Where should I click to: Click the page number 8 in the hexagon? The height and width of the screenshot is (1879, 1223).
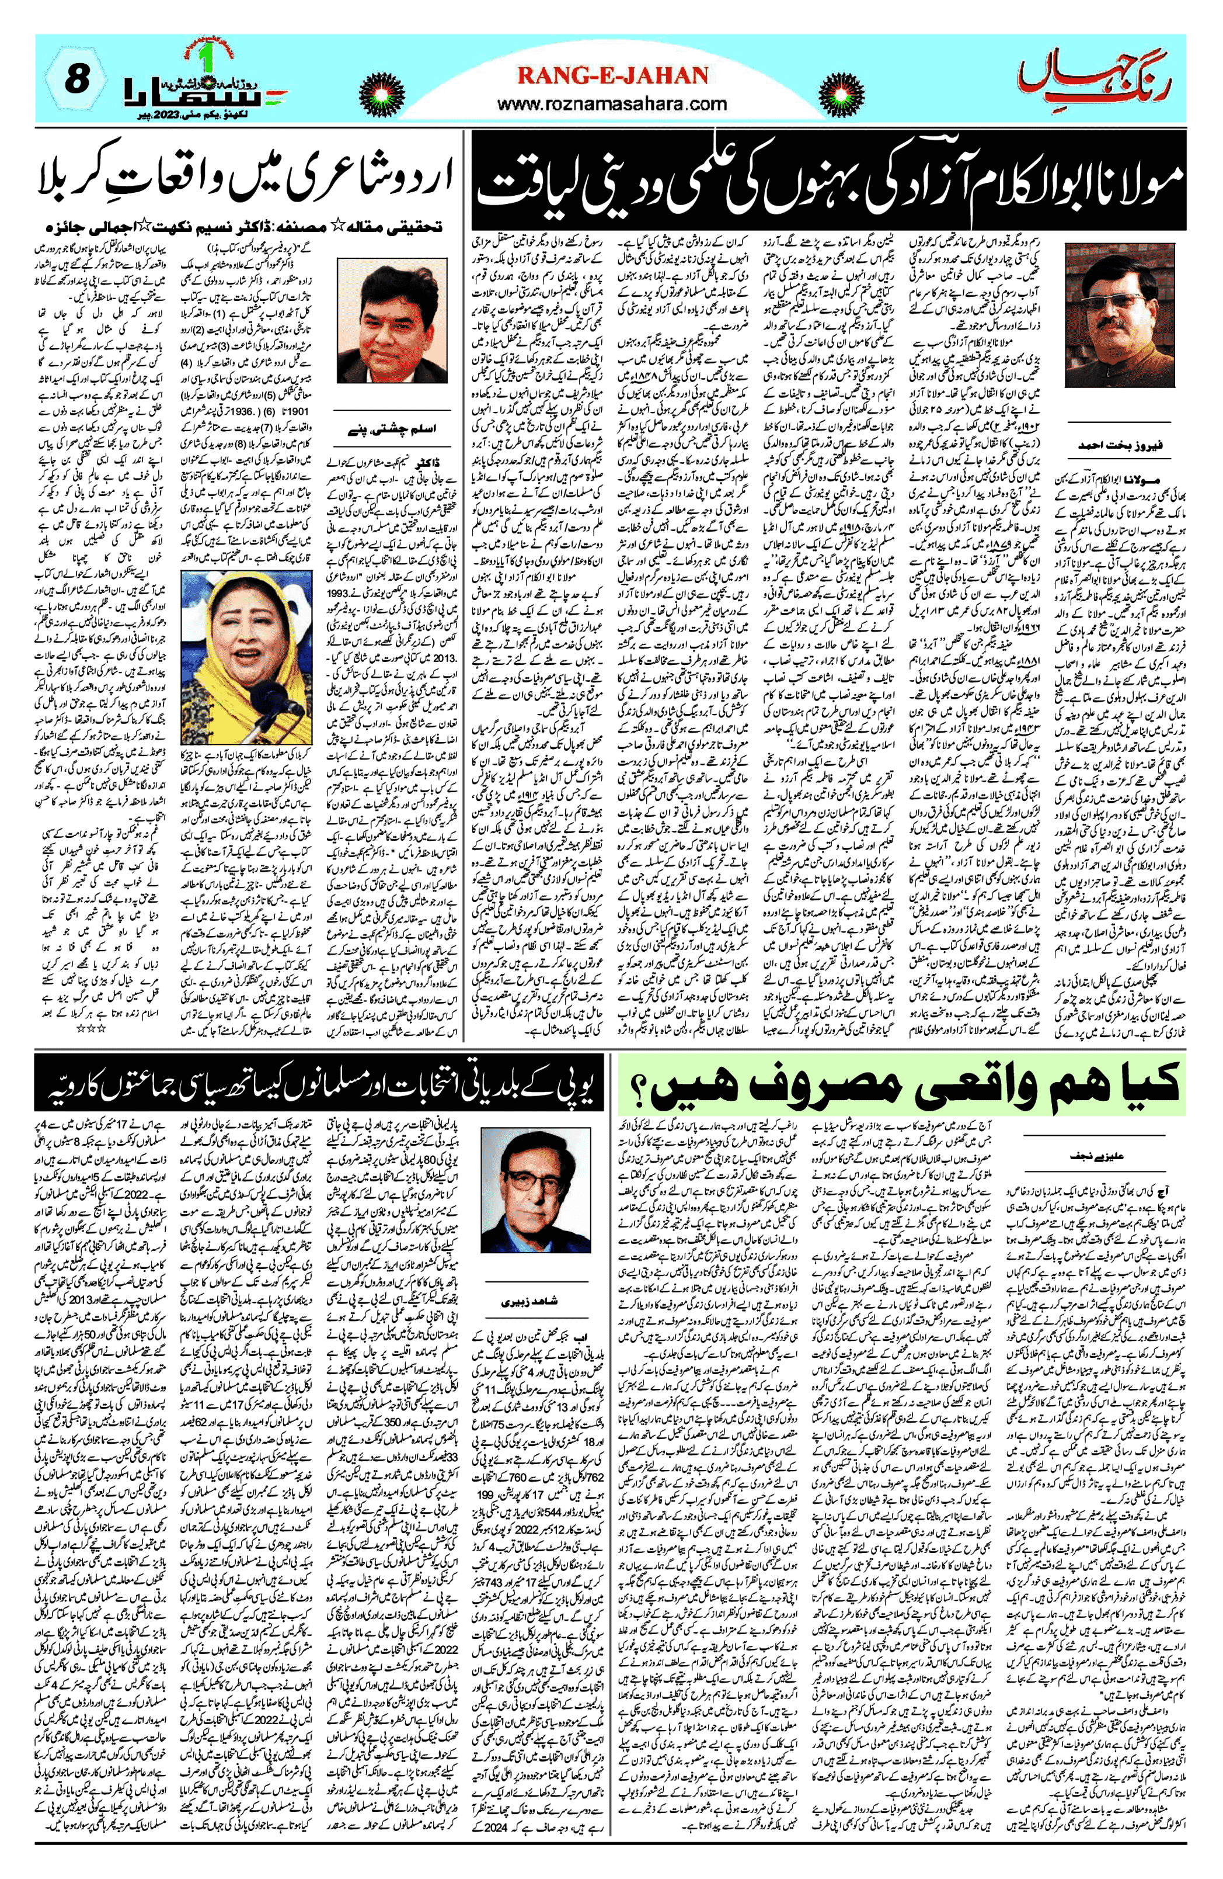click(x=75, y=79)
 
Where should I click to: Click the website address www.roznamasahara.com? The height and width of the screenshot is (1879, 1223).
click(x=612, y=103)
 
